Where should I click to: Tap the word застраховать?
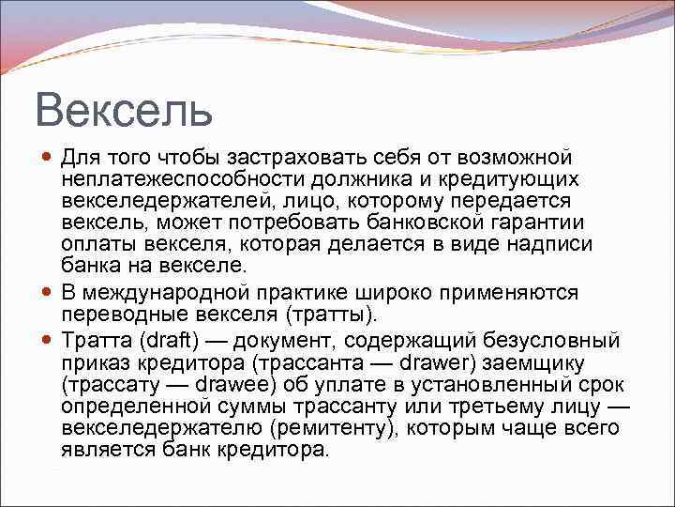[251, 157]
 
